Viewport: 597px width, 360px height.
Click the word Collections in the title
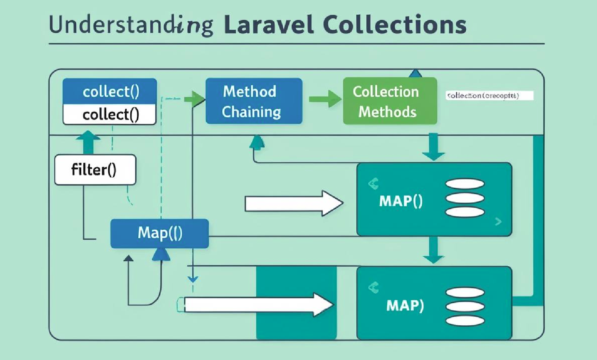pyautogui.click(x=395, y=25)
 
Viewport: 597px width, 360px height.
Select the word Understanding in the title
pyautogui.click(x=131, y=25)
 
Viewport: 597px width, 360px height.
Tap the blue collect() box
pyautogui.click(x=110, y=91)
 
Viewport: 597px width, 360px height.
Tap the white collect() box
pyautogui.click(x=110, y=114)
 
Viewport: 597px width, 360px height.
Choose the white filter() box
pyautogui.click(x=95, y=170)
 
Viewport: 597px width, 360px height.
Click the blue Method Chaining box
pyautogui.click(x=254, y=101)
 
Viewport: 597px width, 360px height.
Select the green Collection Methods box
pyautogui.click(x=390, y=101)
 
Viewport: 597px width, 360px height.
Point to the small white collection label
pyautogui.click(x=489, y=96)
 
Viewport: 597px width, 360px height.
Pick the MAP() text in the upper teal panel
pyautogui.click(x=401, y=201)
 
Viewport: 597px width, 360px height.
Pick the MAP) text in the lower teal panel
pyautogui.click(x=405, y=305)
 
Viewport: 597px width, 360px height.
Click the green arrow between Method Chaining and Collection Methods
pyautogui.click(x=325, y=99)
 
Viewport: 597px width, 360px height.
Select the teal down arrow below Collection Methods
pyautogui.click(x=434, y=147)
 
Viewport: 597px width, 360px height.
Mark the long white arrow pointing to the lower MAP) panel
pyautogui.click(x=258, y=304)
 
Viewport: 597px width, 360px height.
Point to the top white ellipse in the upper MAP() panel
pyautogui.click(x=465, y=184)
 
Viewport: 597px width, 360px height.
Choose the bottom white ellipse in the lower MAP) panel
pyautogui.click(x=465, y=320)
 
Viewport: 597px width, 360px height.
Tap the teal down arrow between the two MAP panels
pyautogui.click(x=434, y=251)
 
